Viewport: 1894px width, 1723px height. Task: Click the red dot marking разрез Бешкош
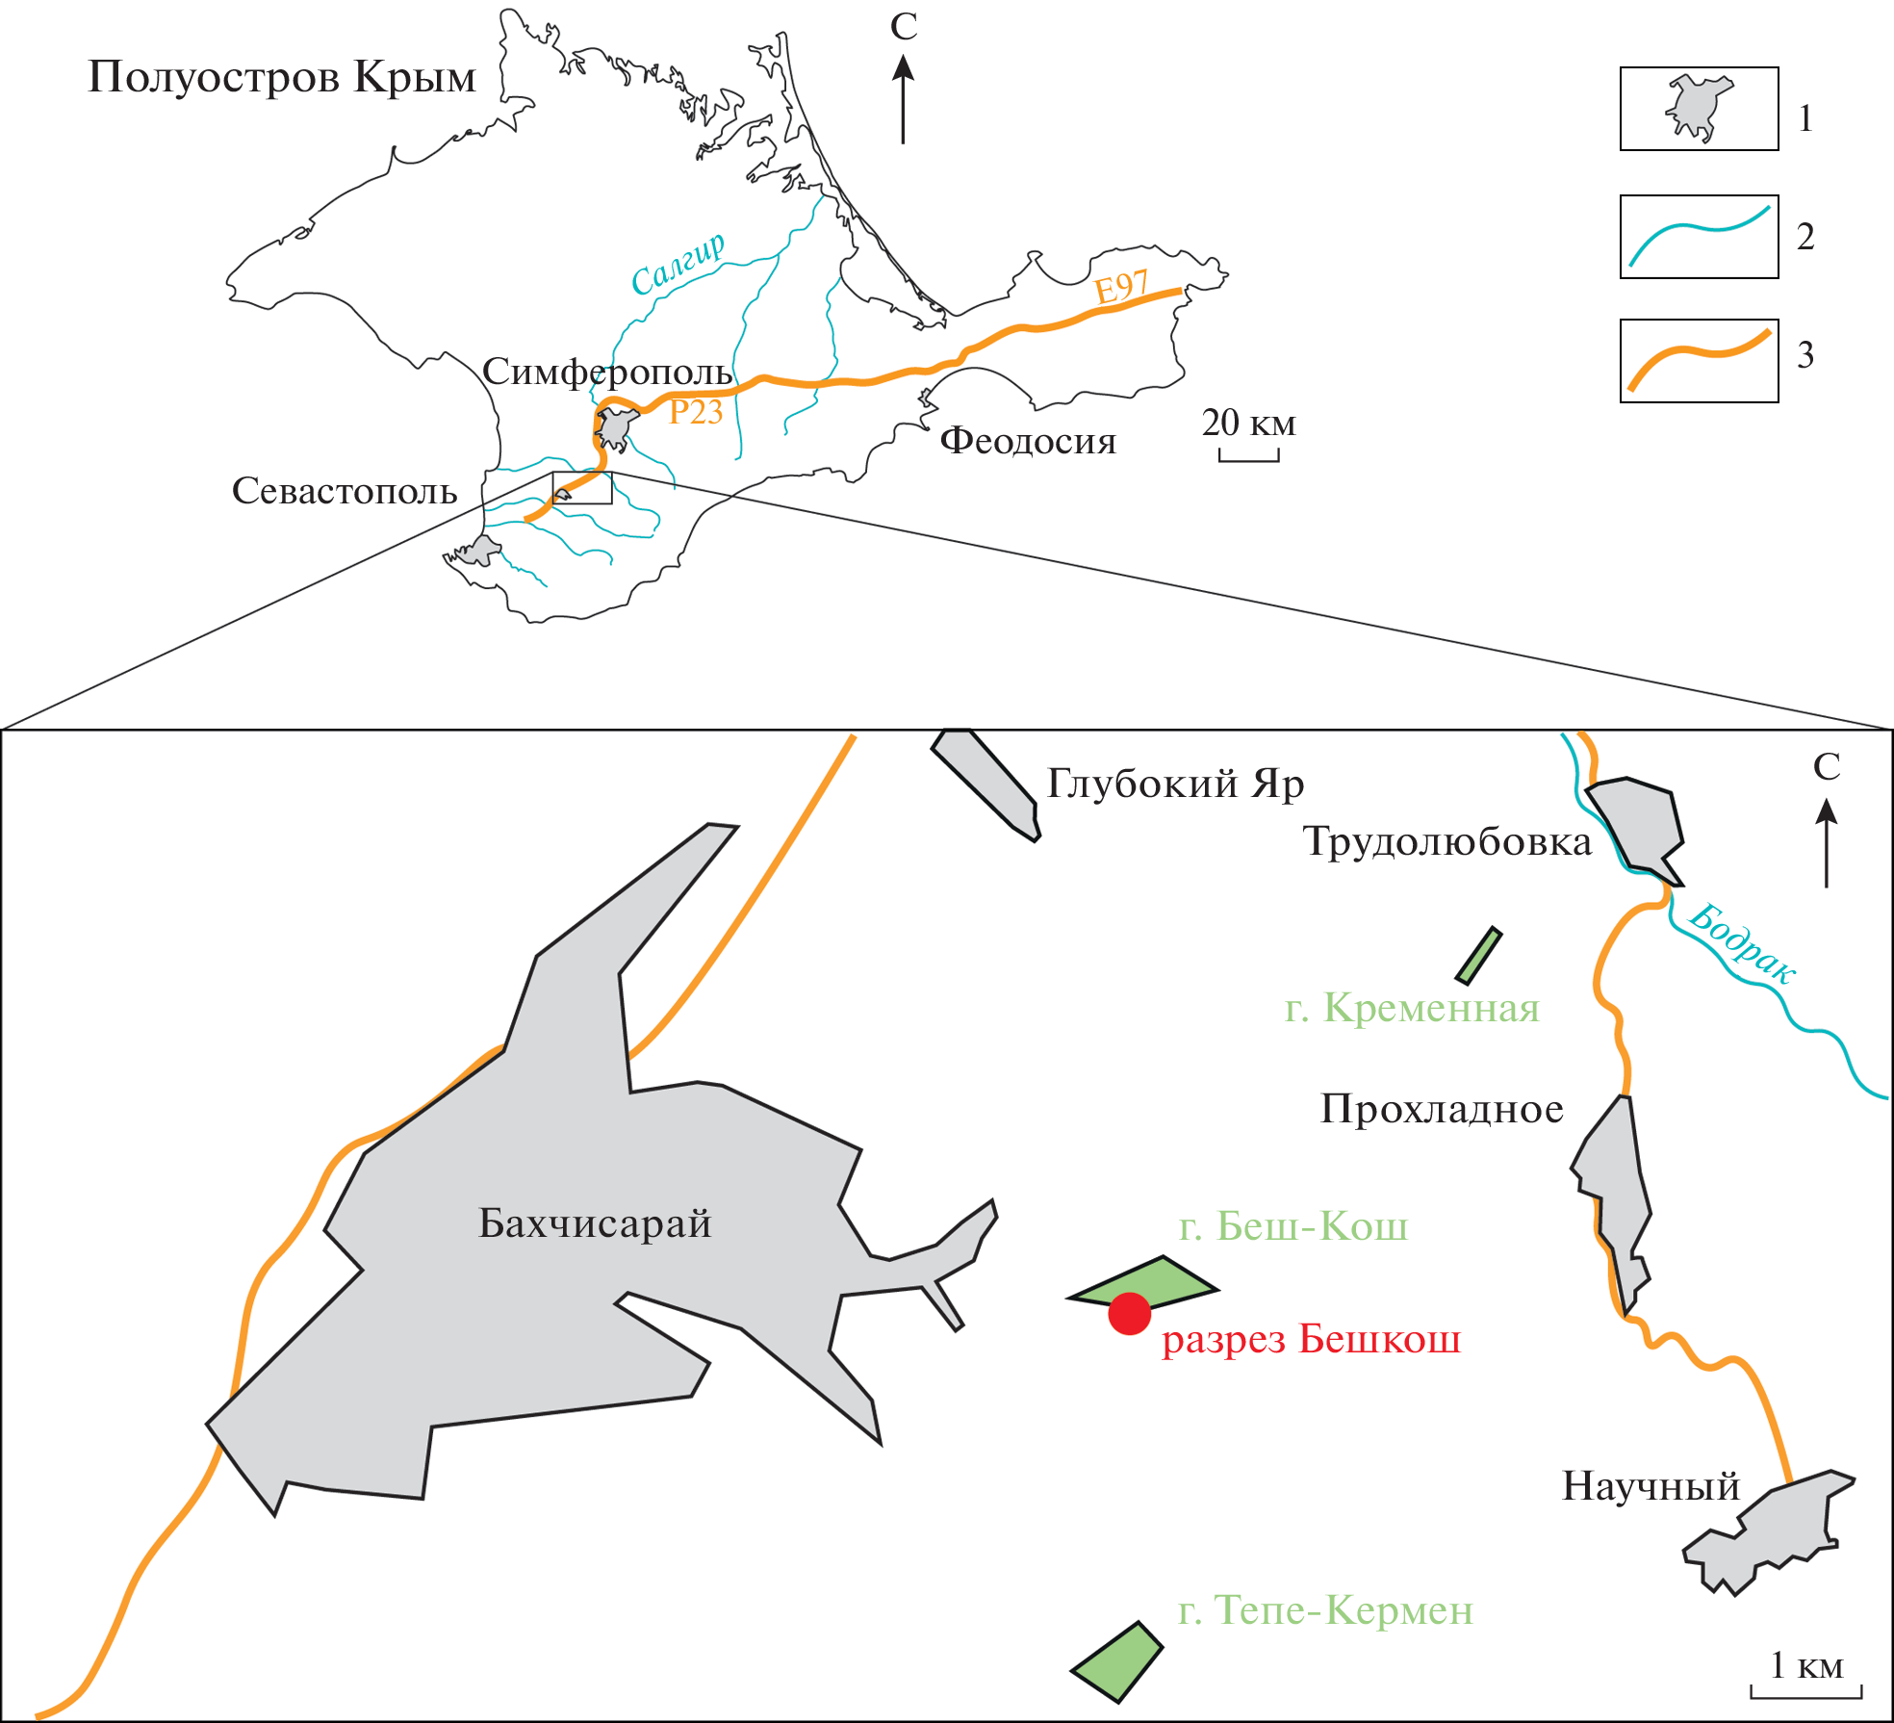pyautogui.click(x=1129, y=1314)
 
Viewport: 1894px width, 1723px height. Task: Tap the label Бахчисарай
pyautogui.click(x=595, y=1223)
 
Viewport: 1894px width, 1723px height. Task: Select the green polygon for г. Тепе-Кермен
pyautogui.click(x=1119, y=1662)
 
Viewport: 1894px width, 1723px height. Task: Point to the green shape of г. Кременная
pyautogui.click(x=1478, y=956)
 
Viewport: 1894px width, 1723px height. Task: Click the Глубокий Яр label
pyautogui.click(x=1175, y=784)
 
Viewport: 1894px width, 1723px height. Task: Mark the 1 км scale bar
pyautogui.click(x=1805, y=1691)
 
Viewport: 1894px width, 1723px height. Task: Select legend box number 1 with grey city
pyautogui.click(x=1699, y=109)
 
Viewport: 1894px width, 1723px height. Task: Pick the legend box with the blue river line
pyautogui.click(x=1699, y=237)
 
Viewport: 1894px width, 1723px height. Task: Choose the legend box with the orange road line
pyautogui.click(x=1699, y=361)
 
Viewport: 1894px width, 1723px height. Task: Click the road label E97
pyautogui.click(x=1121, y=286)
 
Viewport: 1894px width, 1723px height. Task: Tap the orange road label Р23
pyautogui.click(x=695, y=412)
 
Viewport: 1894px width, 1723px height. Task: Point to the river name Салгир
pyautogui.click(x=678, y=264)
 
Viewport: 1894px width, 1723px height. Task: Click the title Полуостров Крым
pyautogui.click(x=282, y=77)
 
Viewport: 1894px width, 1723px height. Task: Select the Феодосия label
pyautogui.click(x=1028, y=441)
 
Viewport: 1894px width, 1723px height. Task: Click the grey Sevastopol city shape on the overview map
pyautogui.click(x=476, y=552)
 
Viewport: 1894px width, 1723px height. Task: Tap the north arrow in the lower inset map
pyautogui.click(x=1826, y=842)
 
